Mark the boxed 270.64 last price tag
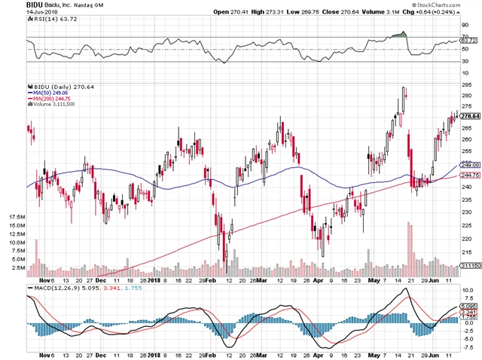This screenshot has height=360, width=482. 470,116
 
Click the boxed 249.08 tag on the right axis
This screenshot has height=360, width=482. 470,163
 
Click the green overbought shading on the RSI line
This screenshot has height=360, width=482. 405,33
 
